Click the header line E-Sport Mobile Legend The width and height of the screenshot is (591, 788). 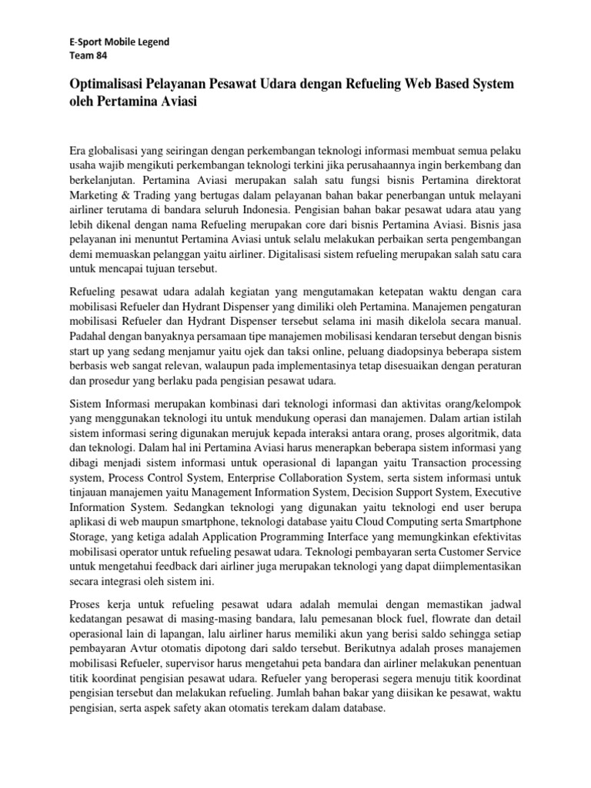coord(115,42)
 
